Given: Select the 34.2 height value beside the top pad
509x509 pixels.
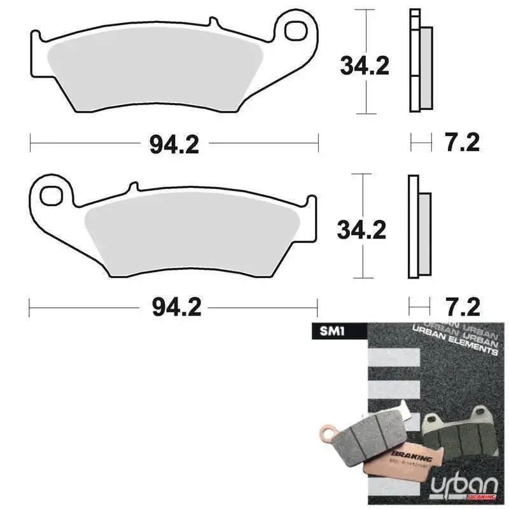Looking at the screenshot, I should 364,66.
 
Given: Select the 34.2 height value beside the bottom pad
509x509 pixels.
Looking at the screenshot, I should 363,230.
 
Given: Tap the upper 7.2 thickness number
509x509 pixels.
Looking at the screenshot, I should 462,143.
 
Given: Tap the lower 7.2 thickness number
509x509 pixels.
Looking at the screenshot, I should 462,307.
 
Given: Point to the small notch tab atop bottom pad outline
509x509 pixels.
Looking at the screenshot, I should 134,187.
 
